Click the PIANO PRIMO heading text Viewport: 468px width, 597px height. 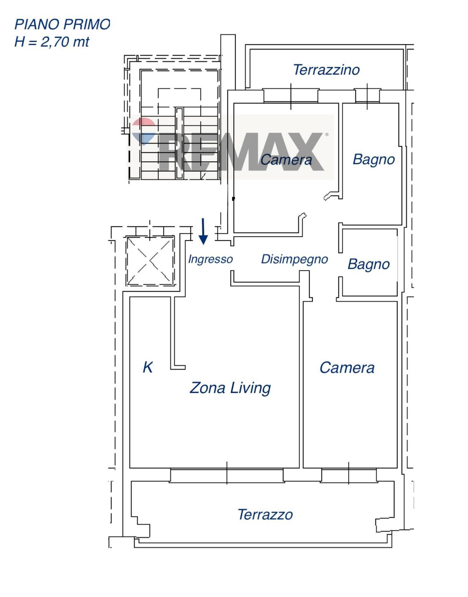point(62,25)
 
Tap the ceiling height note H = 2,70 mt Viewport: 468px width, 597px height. point(52,42)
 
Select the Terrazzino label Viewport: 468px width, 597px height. point(326,70)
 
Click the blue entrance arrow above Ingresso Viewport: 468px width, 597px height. point(203,232)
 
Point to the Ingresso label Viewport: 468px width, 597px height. point(210,259)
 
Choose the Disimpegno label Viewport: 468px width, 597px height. point(294,259)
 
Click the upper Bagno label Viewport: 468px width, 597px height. point(374,160)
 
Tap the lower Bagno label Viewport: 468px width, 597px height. point(369,264)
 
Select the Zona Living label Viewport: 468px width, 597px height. point(230,388)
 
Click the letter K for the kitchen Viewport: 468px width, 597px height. point(148,367)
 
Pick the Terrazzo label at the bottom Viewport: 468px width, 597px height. point(265,515)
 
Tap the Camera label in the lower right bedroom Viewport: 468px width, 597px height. point(347,368)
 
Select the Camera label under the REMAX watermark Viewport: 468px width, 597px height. point(286,160)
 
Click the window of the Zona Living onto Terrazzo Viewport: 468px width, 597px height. point(227,475)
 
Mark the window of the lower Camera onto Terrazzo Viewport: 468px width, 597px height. point(349,475)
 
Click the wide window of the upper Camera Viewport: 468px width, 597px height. point(291,96)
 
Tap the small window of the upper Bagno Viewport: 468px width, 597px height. point(367,96)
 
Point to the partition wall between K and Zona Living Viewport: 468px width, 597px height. point(173,333)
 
